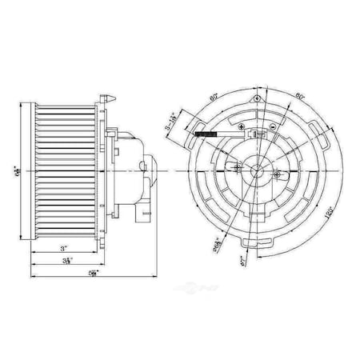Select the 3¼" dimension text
click(x=71, y=261)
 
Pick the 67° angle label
click(x=241, y=261)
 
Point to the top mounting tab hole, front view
click(x=257, y=98)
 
